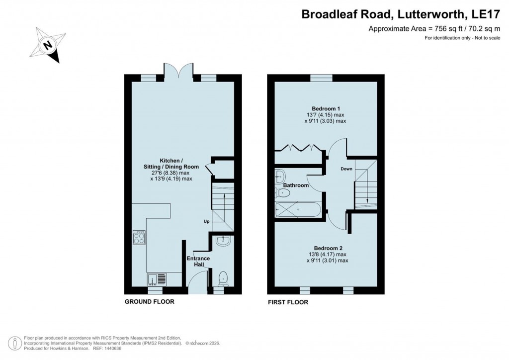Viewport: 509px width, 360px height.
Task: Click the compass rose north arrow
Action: pyautogui.click(x=48, y=45)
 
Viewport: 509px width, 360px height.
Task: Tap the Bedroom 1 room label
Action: pyautogui.click(x=326, y=108)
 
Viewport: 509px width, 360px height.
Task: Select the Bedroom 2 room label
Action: pyautogui.click(x=328, y=248)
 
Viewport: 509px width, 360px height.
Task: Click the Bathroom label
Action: pyautogui.click(x=296, y=185)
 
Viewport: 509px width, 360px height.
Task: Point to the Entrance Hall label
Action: pyautogui.click(x=198, y=262)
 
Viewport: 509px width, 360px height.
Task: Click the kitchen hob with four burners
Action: pyautogui.click(x=139, y=238)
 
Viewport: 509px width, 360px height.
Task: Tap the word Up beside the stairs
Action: pyautogui.click(x=206, y=221)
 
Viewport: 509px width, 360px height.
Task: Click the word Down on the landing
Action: pyautogui.click(x=346, y=169)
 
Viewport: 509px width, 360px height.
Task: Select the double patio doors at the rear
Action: pyautogui.click(x=179, y=71)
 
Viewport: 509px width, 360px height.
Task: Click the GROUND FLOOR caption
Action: pyautogui.click(x=149, y=302)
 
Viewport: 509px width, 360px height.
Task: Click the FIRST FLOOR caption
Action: pyautogui.click(x=288, y=302)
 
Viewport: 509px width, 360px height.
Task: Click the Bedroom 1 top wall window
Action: pyautogui.click(x=321, y=77)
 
